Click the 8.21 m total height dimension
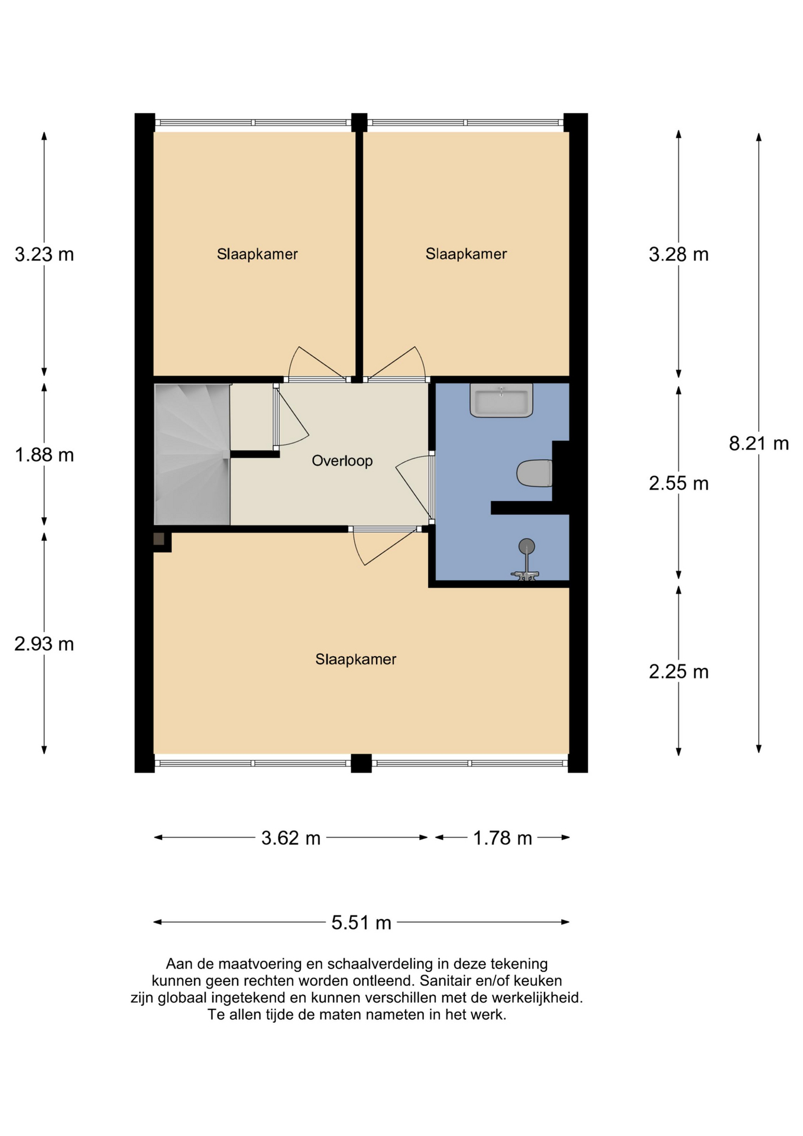pos(759,443)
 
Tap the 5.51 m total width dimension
pos(361,922)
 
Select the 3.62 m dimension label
pos(291,838)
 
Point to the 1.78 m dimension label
pos(503,838)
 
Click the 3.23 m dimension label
pos(44,254)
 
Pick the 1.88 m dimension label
pos(44,455)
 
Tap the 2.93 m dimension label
pos(44,644)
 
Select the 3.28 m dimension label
pos(679,254)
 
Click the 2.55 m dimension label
pos(679,483)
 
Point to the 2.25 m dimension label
pos(679,672)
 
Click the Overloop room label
pos(342,460)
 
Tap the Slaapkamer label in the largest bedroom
pos(356,659)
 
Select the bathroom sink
pos(501,400)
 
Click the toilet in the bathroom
pos(535,473)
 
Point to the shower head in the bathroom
pos(526,546)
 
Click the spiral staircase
pos(192,454)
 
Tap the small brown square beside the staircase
pos(159,539)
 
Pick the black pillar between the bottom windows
pos(361,763)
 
